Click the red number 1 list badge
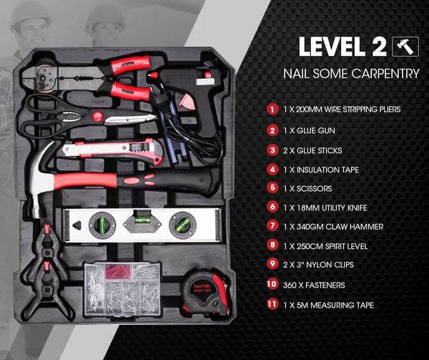click(x=272, y=110)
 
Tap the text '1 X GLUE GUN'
click(x=310, y=130)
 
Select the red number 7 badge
click(x=272, y=227)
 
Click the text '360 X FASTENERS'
click(x=315, y=285)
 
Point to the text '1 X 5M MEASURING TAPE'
click(x=328, y=305)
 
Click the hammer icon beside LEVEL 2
click(x=403, y=47)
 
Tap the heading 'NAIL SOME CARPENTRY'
click(x=351, y=74)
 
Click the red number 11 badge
click(x=272, y=305)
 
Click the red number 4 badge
click(x=272, y=169)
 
